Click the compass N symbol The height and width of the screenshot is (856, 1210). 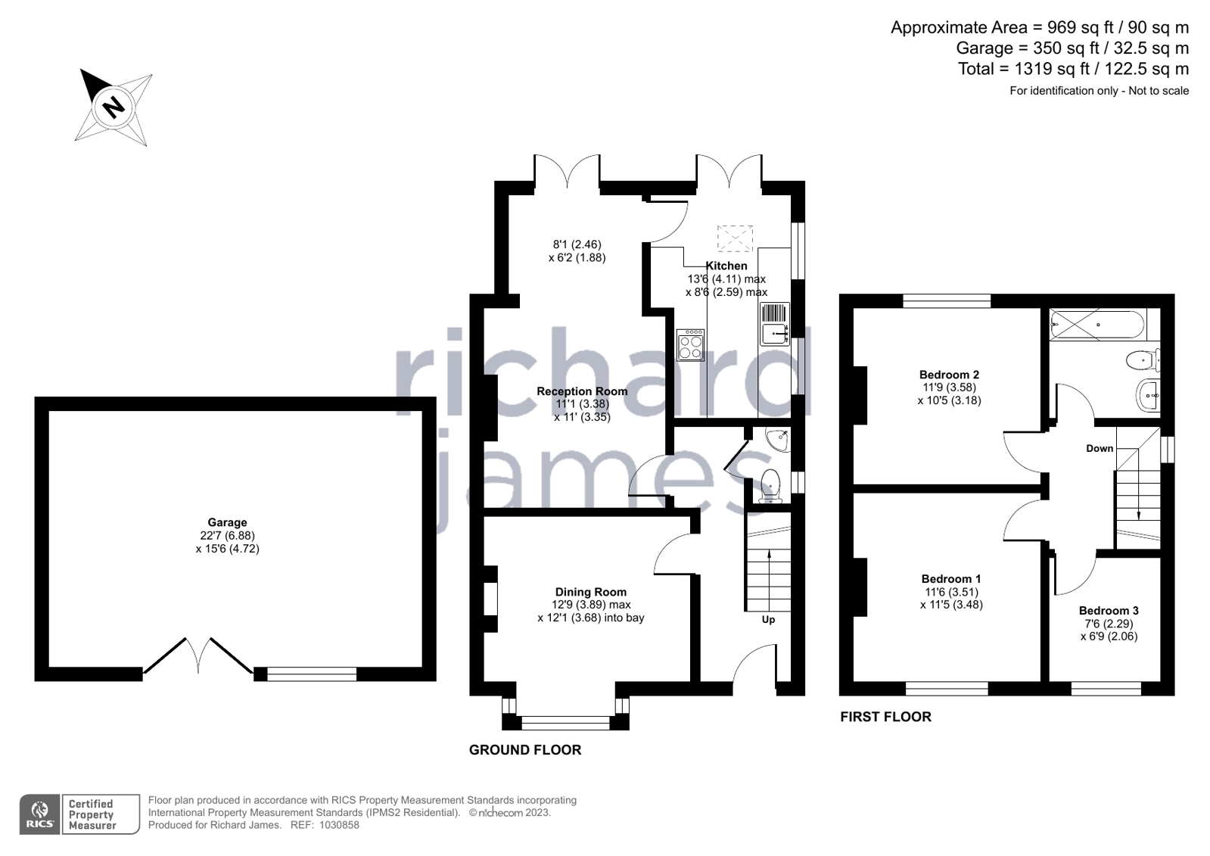tap(114, 107)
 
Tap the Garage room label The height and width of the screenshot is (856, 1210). tap(228, 522)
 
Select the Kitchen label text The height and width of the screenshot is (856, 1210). tap(726, 266)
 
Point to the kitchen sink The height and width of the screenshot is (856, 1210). tap(775, 334)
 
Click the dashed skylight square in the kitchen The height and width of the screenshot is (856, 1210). tap(735, 238)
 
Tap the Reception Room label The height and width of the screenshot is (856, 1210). tap(582, 391)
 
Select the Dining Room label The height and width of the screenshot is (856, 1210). tap(591, 592)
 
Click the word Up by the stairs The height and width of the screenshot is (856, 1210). tap(768, 619)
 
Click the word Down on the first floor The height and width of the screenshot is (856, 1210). tap(1100, 448)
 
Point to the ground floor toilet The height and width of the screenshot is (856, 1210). tap(770, 485)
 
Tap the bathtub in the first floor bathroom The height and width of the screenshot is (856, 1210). tap(1096, 324)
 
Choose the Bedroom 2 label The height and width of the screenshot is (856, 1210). tap(949, 374)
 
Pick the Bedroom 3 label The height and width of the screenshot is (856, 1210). tap(1109, 610)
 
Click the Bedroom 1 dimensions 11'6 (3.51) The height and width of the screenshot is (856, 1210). tap(951, 592)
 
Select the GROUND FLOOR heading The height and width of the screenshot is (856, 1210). tap(525, 749)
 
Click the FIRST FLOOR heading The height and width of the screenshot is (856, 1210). tap(886, 717)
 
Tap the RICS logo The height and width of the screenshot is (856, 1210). tap(40, 814)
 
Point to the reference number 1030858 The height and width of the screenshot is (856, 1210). tap(339, 825)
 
